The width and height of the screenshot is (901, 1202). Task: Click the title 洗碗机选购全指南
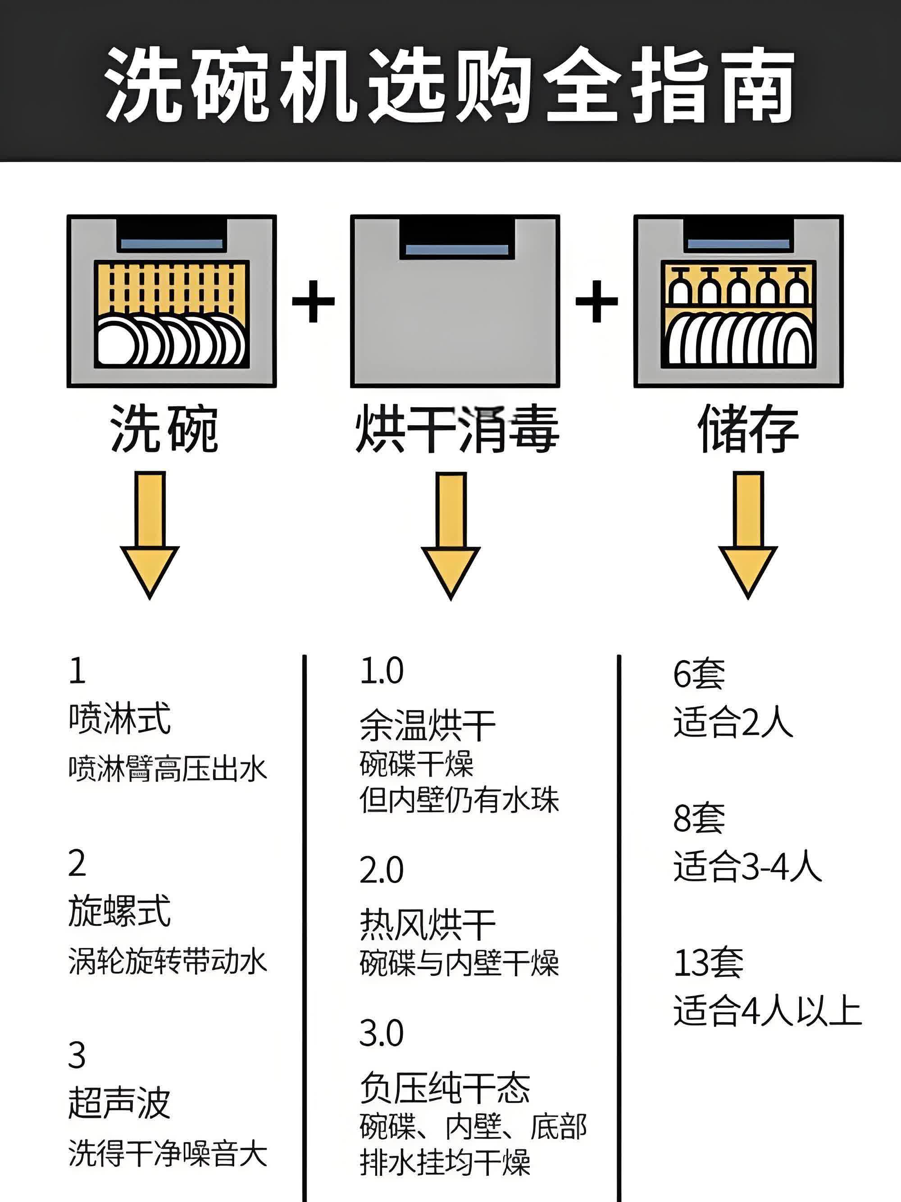coord(450,84)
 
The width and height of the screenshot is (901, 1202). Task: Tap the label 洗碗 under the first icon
coord(164,429)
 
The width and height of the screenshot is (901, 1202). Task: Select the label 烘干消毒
coord(456,429)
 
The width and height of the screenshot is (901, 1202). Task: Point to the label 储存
coord(748,429)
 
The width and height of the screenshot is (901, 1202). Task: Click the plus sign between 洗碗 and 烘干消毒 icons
coord(313,300)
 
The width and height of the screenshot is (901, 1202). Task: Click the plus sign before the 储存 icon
coord(596,300)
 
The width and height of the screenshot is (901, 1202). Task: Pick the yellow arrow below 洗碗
coord(150,535)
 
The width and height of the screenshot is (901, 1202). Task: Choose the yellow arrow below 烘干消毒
coord(450,535)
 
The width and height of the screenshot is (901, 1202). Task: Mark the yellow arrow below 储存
coord(748,535)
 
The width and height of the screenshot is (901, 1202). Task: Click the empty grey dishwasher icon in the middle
coord(455,301)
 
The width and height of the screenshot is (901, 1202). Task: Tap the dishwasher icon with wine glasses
coord(738,301)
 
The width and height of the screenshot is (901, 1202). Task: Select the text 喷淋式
coord(119,719)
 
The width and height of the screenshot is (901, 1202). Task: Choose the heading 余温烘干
coord(428,725)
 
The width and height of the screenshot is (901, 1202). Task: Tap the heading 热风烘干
coord(428,925)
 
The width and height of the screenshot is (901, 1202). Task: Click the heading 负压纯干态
coord(445,1088)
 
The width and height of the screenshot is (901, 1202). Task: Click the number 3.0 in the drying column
coord(382,1033)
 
